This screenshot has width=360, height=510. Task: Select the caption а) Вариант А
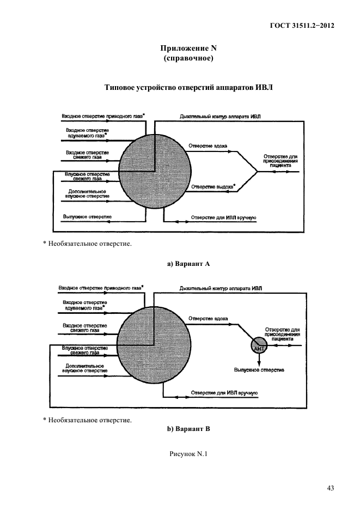(188, 264)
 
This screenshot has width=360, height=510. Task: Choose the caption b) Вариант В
(188, 429)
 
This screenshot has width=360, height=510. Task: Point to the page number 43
(330, 488)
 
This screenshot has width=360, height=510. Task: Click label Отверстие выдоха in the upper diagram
(212, 187)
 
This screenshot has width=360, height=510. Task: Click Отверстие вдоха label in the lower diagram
(208, 318)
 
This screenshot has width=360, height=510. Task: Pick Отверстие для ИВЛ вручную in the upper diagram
(223, 218)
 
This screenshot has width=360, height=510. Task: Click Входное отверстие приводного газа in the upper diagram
(102, 116)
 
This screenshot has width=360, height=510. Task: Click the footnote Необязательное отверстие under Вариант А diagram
(89, 244)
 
